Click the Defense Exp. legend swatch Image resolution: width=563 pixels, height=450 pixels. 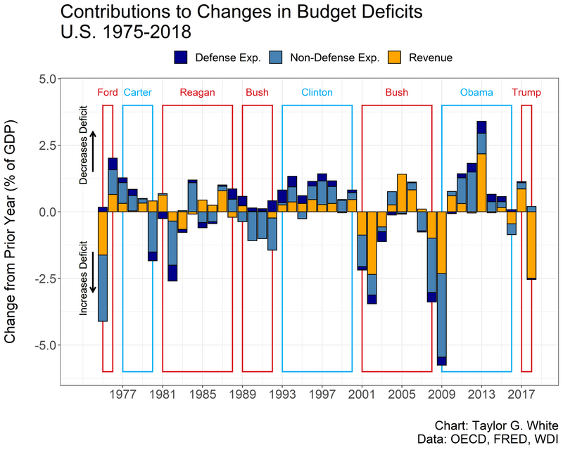click(182, 58)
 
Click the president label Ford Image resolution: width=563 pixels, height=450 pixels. click(108, 93)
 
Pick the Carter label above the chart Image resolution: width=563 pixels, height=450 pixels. click(137, 93)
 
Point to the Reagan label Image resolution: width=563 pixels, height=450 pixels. click(197, 93)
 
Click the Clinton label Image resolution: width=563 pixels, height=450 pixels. click(317, 93)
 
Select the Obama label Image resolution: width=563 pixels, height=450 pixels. click(476, 93)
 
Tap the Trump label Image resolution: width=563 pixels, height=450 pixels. click(526, 93)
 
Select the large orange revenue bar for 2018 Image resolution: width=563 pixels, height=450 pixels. click(531, 245)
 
